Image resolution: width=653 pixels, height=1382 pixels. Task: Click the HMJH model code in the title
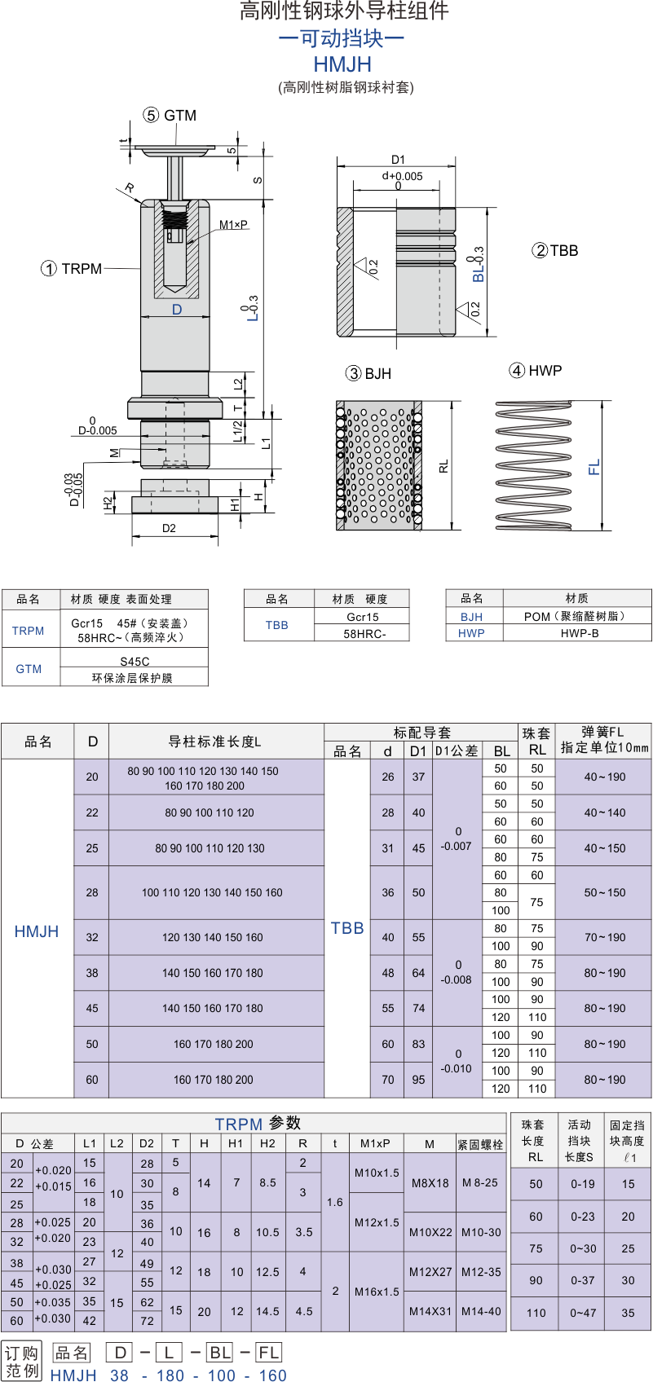click(342, 64)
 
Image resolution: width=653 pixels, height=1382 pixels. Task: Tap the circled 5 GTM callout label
click(170, 116)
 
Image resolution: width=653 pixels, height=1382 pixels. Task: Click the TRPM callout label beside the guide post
click(72, 269)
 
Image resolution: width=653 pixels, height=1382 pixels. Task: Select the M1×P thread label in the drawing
click(233, 225)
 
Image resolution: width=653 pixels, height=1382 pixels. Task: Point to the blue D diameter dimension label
click(177, 310)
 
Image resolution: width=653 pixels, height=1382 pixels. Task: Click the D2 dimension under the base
click(169, 528)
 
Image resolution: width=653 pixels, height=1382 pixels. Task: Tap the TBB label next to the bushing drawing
click(555, 250)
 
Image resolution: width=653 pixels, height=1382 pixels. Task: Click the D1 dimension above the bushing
click(398, 160)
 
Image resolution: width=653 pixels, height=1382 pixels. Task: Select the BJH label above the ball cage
click(368, 373)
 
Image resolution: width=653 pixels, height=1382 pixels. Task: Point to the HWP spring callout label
click(536, 370)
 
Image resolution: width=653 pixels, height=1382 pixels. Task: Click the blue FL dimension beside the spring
click(593, 468)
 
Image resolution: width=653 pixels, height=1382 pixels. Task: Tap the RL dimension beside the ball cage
click(443, 466)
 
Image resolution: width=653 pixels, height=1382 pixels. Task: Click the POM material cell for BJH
click(575, 616)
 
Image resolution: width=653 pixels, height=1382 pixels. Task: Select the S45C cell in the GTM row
click(135, 662)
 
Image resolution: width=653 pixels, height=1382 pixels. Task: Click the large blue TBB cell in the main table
click(346, 929)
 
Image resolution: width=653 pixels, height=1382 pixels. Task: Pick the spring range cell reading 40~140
click(605, 812)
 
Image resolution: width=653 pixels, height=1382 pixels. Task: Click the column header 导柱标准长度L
click(214, 742)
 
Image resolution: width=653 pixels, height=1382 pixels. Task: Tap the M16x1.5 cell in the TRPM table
click(377, 1292)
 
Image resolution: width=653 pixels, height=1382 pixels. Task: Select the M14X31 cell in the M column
click(430, 1311)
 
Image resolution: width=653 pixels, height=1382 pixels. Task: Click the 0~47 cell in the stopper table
click(583, 1313)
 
